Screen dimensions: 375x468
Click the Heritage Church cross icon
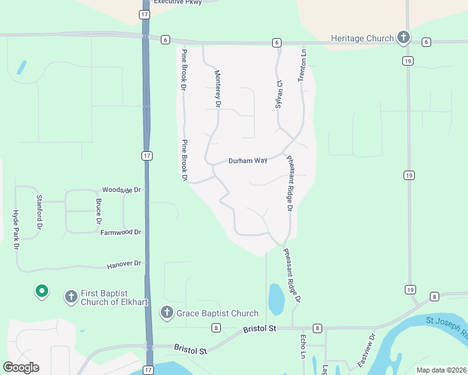click(x=404, y=37)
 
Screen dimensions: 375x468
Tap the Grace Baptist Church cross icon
click(x=166, y=312)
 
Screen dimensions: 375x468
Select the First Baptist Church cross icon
click(x=71, y=295)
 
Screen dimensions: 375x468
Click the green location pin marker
click(x=42, y=291)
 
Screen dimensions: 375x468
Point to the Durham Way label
click(x=248, y=161)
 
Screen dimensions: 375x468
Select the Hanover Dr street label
click(x=125, y=264)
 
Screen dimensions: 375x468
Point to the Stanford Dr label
click(x=39, y=212)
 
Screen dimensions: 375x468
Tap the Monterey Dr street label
click(x=218, y=89)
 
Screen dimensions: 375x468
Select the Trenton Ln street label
click(x=303, y=64)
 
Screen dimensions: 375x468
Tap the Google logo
click(x=21, y=367)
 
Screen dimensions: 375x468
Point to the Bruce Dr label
click(x=98, y=212)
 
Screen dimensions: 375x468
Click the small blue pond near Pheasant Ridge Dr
click(x=276, y=299)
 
